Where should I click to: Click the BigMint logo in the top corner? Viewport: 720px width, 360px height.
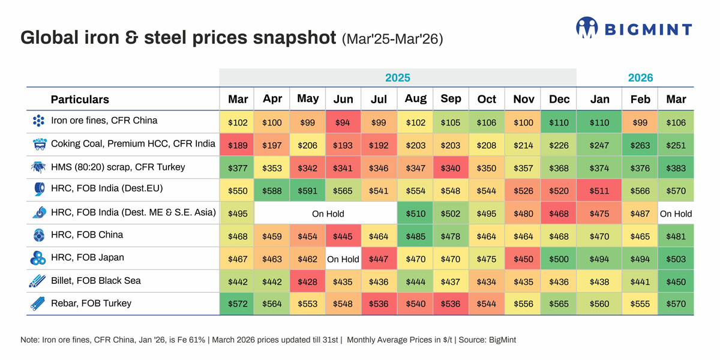pyautogui.click(x=634, y=28)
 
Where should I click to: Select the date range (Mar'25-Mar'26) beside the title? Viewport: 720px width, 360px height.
pyautogui.click(x=392, y=40)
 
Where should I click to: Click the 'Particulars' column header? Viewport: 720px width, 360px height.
pyautogui.click(x=80, y=100)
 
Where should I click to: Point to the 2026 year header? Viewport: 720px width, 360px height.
pyautogui.click(x=640, y=77)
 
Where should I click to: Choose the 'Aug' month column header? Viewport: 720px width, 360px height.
pyautogui.click(x=415, y=99)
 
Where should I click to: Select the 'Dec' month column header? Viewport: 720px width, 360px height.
pyautogui.click(x=558, y=99)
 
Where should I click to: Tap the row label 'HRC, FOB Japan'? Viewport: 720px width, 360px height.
pyautogui.click(x=87, y=258)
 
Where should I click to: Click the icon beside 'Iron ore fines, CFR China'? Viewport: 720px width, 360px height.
pyautogui.click(x=38, y=121)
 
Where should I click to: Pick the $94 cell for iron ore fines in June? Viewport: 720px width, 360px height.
pyautogui.click(x=343, y=122)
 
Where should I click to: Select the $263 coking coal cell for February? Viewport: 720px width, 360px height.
pyautogui.click(x=640, y=145)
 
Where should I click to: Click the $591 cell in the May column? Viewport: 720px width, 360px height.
pyautogui.click(x=307, y=190)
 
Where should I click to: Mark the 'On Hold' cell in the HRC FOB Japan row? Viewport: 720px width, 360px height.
pyautogui.click(x=343, y=259)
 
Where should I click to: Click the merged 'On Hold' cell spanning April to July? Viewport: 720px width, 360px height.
pyautogui.click(x=328, y=213)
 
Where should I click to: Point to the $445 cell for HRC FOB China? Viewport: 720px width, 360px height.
pyautogui.click(x=343, y=236)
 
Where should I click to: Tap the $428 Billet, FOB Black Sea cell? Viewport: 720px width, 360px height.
pyautogui.click(x=307, y=281)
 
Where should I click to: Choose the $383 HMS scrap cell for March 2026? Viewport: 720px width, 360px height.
pyautogui.click(x=676, y=167)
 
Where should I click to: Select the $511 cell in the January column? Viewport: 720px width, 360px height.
pyautogui.click(x=600, y=190)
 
